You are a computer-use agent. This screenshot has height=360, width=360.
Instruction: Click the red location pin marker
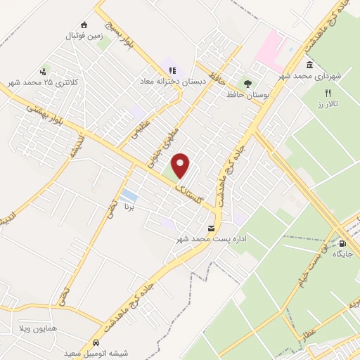click(x=181, y=165)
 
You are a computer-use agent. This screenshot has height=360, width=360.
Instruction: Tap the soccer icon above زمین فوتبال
click(x=84, y=25)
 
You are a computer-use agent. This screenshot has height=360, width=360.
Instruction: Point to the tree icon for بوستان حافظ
click(x=246, y=82)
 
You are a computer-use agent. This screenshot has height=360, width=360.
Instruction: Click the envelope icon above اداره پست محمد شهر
click(x=212, y=229)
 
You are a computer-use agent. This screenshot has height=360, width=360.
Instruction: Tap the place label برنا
click(x=129, y=208)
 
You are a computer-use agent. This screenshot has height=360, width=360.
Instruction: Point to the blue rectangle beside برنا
click(x=129, y=194)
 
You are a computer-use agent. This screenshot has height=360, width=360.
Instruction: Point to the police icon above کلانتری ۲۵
click(x=44, y=72)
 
